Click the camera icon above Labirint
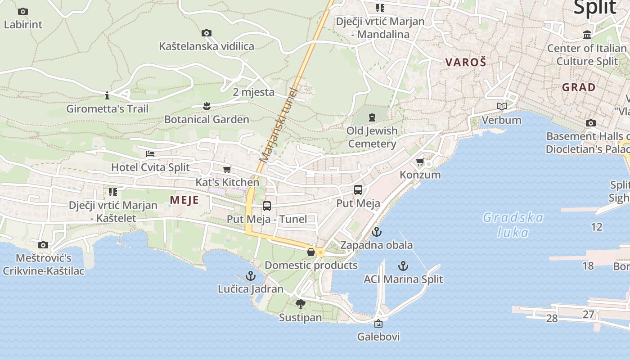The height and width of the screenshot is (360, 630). [x=23, y=12]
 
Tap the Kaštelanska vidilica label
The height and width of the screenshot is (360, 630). [x=207, y=46]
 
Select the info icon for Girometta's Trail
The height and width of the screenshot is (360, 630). [x=107, y=95]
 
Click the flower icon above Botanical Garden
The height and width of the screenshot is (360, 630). [x=207, y=106]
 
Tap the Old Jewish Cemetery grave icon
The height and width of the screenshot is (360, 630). [x=372, y=117]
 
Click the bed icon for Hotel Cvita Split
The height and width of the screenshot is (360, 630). [x=150, y=154]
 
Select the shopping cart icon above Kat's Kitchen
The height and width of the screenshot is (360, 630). [x=227, y=170]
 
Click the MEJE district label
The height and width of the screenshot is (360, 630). [x=184, y=200]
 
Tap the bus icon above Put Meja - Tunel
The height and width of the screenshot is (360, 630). [x=267, y=206]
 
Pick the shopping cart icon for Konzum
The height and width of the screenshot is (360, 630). [x=420, y=162]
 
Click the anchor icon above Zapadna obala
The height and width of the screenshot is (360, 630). [x=376, y=232]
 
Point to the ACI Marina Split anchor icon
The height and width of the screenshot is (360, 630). [x=403, y=266]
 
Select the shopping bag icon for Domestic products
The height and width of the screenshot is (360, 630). [x=310, y=252]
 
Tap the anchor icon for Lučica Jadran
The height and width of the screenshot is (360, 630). [x=250, y=276]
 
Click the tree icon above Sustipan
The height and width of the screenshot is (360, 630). [x=300, y=304]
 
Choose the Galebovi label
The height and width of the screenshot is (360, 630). [x=378, y=337]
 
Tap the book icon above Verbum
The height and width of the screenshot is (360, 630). [x=501, y=107]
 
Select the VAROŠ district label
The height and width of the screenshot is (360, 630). [x=466, y=63]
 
